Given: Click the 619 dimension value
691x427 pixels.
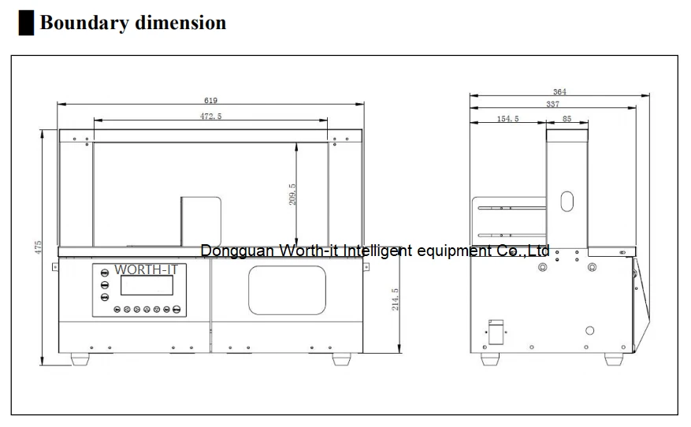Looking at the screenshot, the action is (x=210, y=101).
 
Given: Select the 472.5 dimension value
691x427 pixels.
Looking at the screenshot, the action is (x=210, y=117).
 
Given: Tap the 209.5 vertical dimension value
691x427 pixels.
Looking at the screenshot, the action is (x=292, y=195).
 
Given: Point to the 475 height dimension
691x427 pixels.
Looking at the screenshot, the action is (x=38, y=247).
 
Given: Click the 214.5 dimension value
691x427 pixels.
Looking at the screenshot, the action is (x=395, y=299).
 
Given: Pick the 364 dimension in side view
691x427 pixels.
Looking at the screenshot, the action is (x=559, y=91).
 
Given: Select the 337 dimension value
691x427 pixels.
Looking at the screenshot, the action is (x=552, y=104).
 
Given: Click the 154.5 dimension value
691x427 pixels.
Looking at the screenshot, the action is (x=507, y=118).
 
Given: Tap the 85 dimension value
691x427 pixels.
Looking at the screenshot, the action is (x=567, y=118).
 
